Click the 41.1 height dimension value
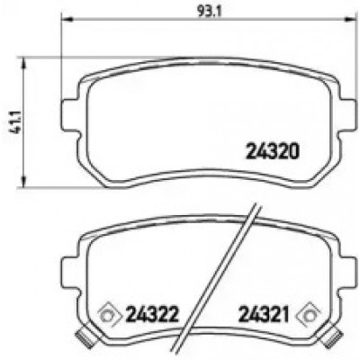click(15, 122)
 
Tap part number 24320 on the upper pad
click(273, 151)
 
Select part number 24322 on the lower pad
click(152, 314)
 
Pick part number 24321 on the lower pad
click(264, 314)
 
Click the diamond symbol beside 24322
click(110, 314)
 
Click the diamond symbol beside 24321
click(308, 314)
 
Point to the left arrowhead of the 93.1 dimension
click(67, 20)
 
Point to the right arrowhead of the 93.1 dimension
click(348, 20)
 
